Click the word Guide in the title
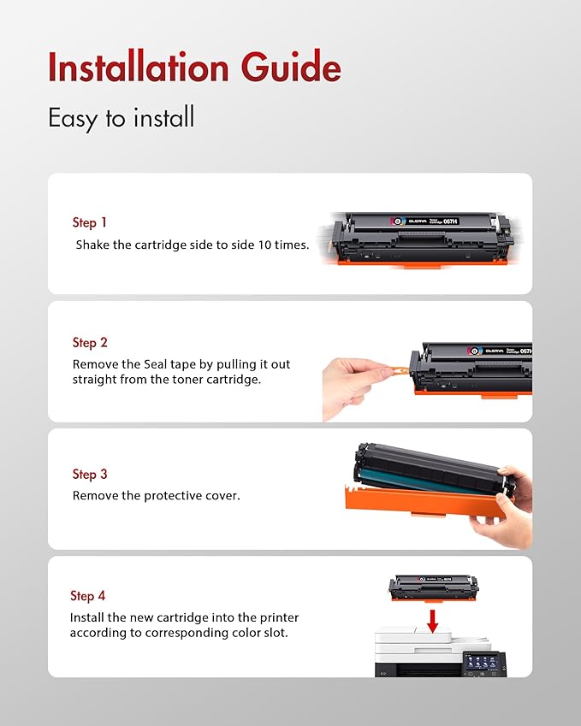tap(293, 68)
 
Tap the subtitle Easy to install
tap(121, 118)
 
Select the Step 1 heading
tap(89, 222)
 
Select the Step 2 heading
tap(90, 342)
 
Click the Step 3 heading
tap(90, 474)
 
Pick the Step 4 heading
tap(88, 595)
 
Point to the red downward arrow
tap(433, 620)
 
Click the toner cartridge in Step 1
tap(415, 239)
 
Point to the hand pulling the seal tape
tap(351, 385)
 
